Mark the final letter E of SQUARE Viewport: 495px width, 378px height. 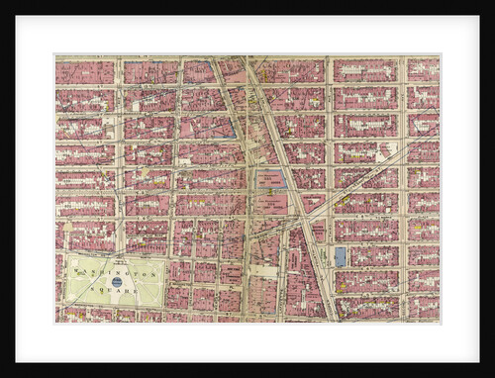(x=140, y=294)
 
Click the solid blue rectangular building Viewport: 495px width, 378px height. (x=341, y=257)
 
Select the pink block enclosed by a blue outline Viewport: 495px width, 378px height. (x=270, y=179)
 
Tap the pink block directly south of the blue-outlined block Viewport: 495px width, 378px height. (x=270, y=204)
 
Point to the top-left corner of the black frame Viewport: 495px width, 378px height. (x=2, y=2)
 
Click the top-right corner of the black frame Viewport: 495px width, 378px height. (x=492, y=2)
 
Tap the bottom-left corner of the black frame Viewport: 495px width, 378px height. (x=2, y=375)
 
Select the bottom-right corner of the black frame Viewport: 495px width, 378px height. (x=492, y=375)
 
